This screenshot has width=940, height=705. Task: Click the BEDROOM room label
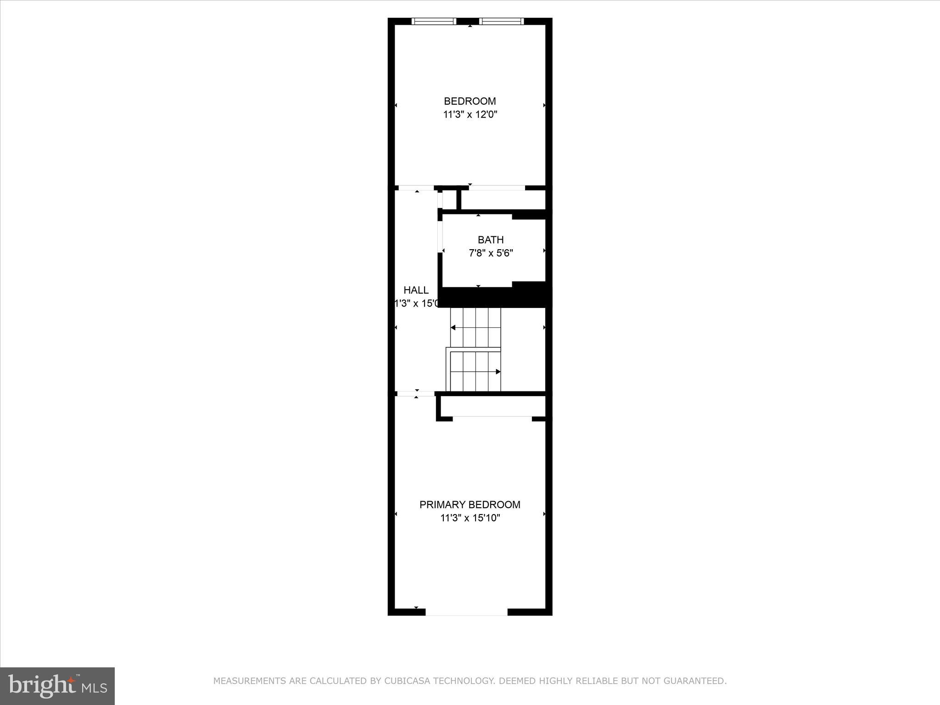tap(470, 101)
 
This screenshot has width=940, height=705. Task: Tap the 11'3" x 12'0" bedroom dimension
tap(470, 115)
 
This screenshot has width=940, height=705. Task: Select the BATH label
tap(491, 240)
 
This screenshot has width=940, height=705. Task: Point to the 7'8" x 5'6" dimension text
tap(491, 253)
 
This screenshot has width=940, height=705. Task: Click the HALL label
tap(416, 290)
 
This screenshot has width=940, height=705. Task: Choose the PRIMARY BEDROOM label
tap(470, 505)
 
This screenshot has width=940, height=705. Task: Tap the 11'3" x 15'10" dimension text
tap(470, 518)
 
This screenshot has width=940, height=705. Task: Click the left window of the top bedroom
tap(434, 21)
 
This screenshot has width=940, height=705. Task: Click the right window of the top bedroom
tap(501, 21)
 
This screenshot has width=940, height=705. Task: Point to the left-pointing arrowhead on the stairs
tap(453, 328)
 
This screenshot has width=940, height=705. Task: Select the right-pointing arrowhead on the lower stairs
tap(498, 372)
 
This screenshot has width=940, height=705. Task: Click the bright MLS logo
tap(57, 686)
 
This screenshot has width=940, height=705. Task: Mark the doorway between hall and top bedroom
tap(416, 188)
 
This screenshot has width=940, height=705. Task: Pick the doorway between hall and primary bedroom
tap(416, 393)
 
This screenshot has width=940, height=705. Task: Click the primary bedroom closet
tap(492, 406)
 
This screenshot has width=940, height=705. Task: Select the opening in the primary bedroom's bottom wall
tap(466, 612)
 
